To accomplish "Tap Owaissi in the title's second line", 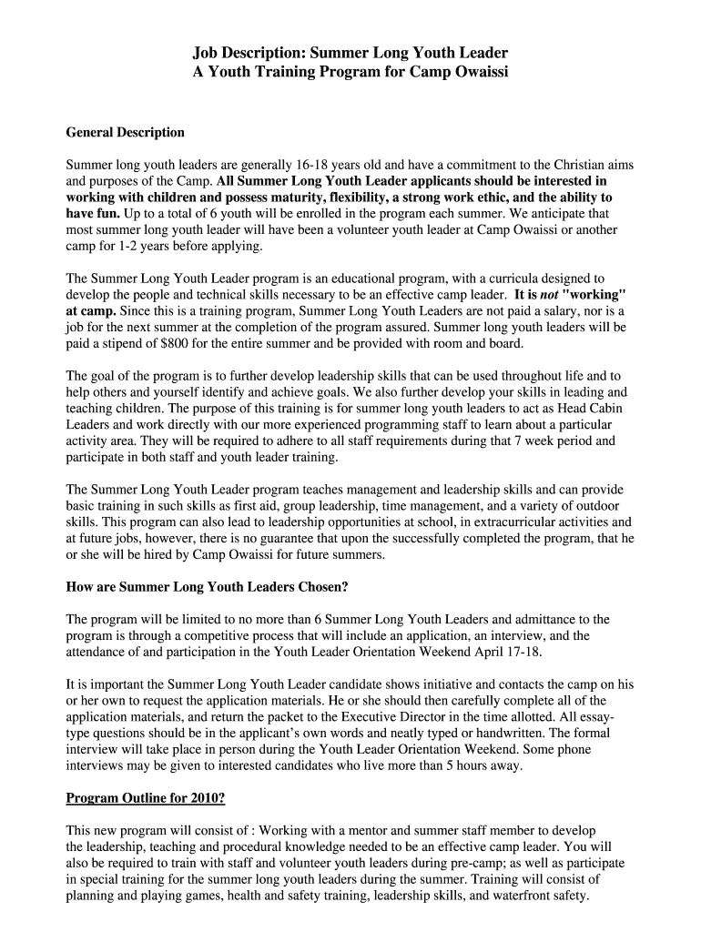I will [x=476, y=71].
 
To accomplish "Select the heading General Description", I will [x=126, y=132].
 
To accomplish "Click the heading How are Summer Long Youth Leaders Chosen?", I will [x=208, y=587].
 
